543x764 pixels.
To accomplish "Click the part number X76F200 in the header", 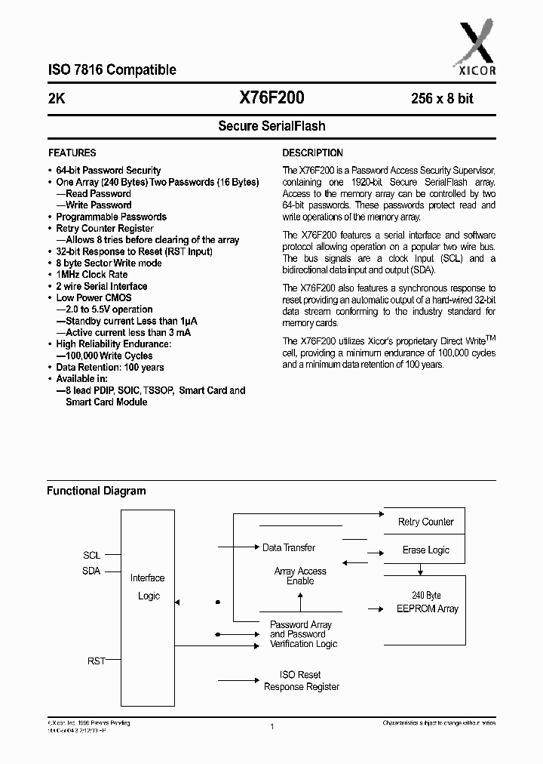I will click(x=271, y=97).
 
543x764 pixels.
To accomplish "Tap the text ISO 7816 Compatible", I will click(x=112, y=70).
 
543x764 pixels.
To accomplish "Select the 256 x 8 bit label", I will click(x=442, y=98).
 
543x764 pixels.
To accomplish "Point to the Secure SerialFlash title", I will click(x=271, y=126).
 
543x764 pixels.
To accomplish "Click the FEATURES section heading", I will click(x=72, y=152).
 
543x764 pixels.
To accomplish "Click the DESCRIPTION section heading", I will click(x=312, y=152).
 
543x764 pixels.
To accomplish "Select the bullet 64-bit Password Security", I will click(x=109, y=171).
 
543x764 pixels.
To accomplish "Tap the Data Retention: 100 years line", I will click(x=110, y=368).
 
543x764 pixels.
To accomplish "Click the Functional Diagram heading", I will click(x=97, y=491).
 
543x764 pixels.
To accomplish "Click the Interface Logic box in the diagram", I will click(x=148, y=587).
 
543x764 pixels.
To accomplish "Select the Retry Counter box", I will click(x=425, y=522).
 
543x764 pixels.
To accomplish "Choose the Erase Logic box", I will click(x=425, y=550).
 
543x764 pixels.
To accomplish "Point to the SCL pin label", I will click(x=91, y=555).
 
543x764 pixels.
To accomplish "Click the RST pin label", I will click(x=96, y=661).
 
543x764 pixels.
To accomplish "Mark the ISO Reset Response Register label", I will click(x=301, y=680).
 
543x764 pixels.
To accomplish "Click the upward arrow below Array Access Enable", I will click(x=300, y=601).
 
